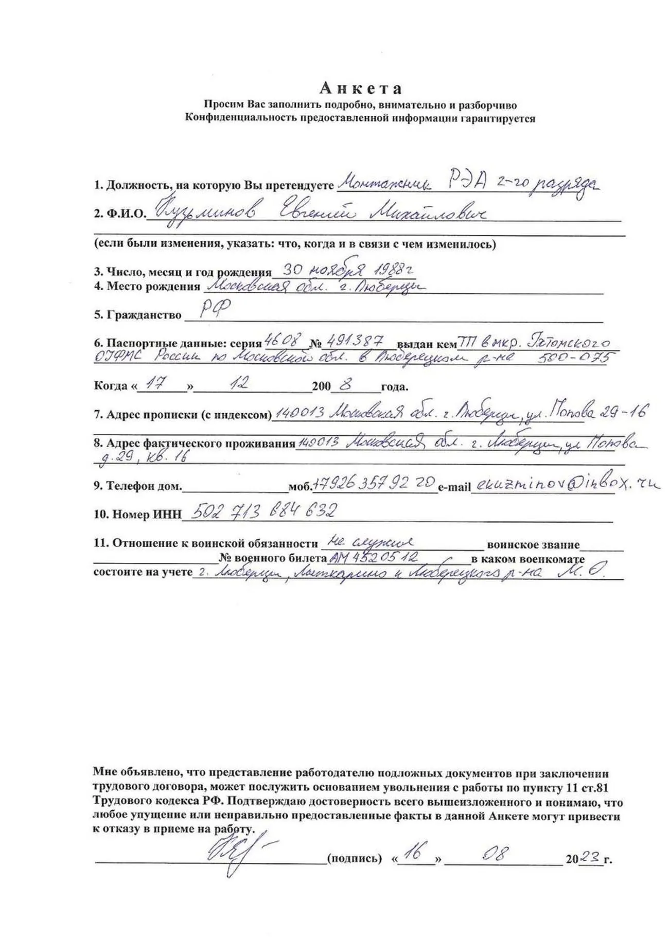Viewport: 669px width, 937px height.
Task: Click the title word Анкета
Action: click(x=360, y=89)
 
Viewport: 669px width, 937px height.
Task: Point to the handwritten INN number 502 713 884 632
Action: click(x=263, y=511)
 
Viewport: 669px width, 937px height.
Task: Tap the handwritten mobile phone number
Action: click(x=374, y=483)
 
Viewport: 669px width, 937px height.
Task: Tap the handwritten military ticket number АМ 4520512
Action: click(x=374, y=557)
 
